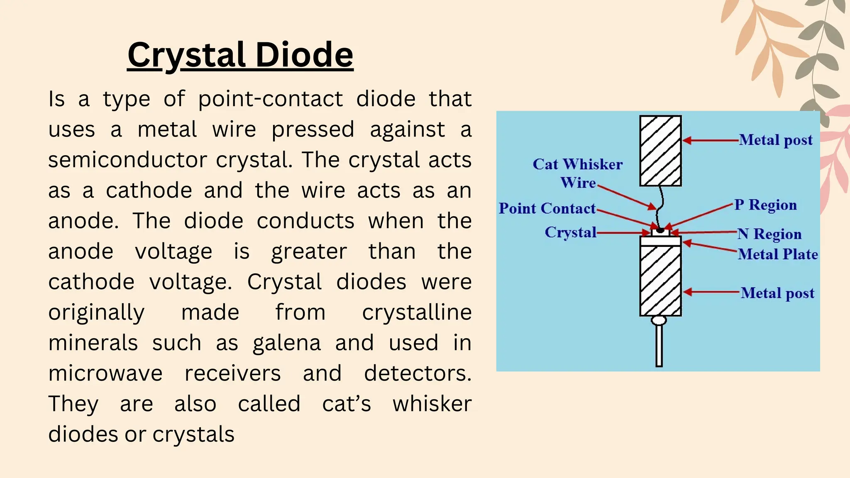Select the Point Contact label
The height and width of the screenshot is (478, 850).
[547, 208]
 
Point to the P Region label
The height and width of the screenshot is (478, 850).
[766, 205]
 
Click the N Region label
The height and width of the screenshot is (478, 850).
[769, 234]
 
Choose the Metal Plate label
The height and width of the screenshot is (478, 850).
[778, 254]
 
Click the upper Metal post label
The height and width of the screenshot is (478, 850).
[776, 140]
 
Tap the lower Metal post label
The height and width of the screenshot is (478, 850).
[777, 293]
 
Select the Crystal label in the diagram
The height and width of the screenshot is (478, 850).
[571, 232]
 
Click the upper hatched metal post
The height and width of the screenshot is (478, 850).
[660, 151]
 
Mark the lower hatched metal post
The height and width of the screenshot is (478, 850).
[660, 280]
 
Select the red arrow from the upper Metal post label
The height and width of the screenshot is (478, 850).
[710, 141]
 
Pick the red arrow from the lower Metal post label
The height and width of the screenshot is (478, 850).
[711, 293]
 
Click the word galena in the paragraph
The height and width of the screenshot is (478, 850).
[287, 344]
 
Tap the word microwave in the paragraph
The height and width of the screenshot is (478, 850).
[105, 373]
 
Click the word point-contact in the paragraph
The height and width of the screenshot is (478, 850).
[270, 100]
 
